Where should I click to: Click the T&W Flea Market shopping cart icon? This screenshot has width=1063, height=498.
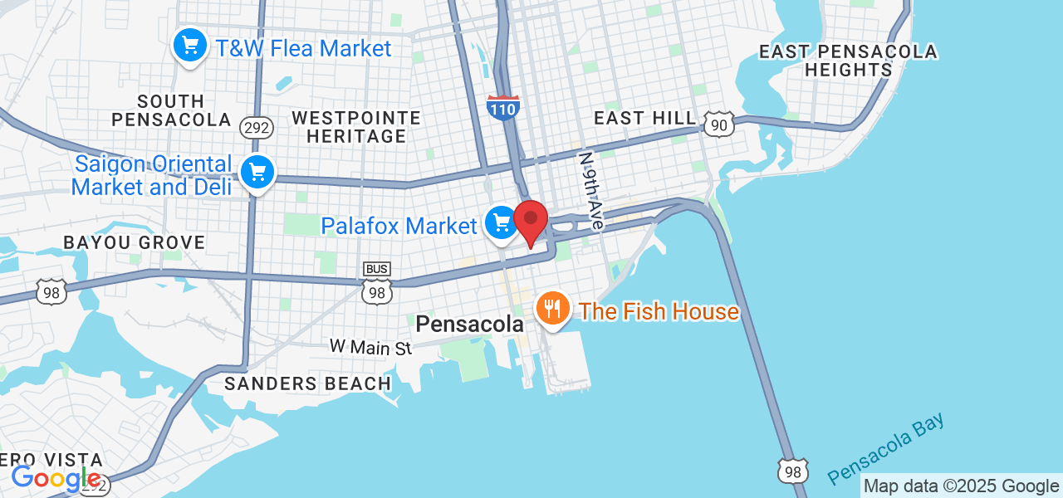(190, 45)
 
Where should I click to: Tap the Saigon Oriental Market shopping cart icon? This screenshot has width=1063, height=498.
(257, 173)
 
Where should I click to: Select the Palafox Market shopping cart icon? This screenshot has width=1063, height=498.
(501, 222)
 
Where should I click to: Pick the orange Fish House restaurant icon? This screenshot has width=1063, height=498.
(551, 310)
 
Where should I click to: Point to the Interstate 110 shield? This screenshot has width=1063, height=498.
(503, 108)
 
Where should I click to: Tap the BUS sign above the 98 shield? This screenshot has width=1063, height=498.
(377, 269)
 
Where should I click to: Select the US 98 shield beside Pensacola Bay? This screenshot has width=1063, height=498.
(793, 471)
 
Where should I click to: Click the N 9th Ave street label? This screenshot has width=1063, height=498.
(590, 191)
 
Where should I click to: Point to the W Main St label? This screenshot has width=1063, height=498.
(370, 347)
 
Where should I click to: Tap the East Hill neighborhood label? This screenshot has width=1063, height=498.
(644, 119)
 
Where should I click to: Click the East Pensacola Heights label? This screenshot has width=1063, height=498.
(848, 61)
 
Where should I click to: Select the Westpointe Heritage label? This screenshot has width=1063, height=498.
(356, 126)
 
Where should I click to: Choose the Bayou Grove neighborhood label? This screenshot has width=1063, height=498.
(135, 242)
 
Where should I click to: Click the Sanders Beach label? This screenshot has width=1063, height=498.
(307, 383)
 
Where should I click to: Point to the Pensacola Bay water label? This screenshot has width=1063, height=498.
(886, 449)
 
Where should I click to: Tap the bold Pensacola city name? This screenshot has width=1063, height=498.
(470, 325)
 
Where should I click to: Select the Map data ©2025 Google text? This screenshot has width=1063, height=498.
(961, 486)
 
